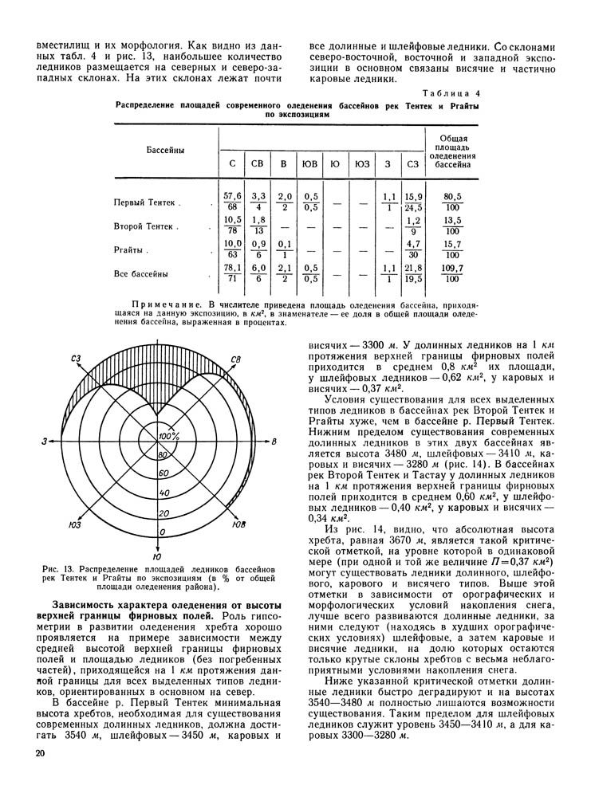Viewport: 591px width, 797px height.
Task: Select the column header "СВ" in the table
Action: (x=258, y=164)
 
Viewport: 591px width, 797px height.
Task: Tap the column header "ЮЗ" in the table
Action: (x=362, y=164)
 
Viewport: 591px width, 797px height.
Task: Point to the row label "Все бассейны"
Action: (x=141, y=274)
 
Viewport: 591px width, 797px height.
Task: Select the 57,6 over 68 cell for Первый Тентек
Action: (x=232, y=202)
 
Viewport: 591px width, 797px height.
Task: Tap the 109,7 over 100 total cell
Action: (x=453, y=274)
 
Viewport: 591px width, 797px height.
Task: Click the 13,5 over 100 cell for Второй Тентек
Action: (x=453, y=226)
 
